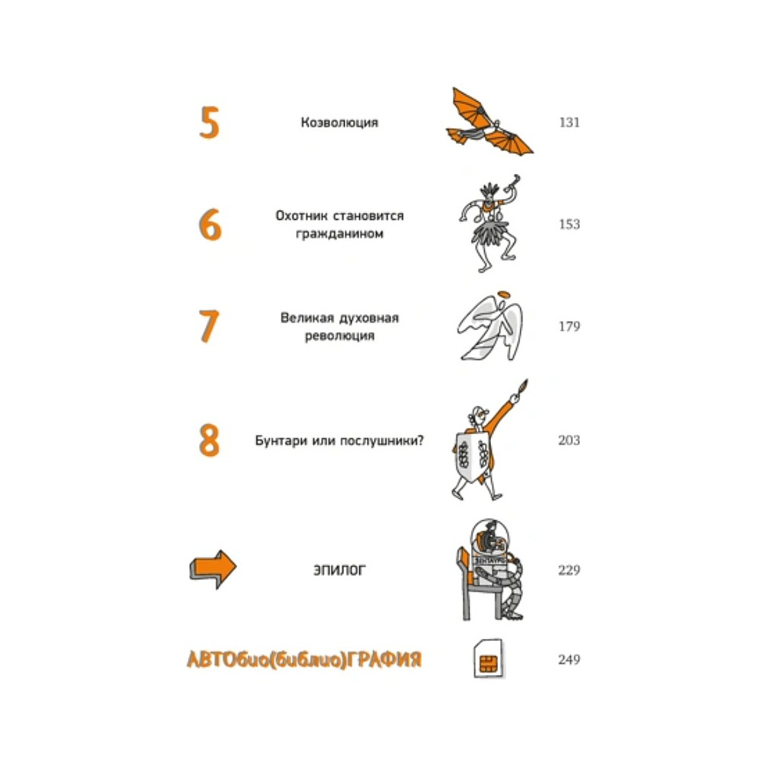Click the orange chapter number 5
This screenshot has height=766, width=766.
(209, 123)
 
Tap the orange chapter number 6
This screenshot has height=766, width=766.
(210, 224)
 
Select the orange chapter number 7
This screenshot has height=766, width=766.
(209, 326)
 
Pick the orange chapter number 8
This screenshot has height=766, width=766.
(209, 440)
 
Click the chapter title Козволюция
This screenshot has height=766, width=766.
(339, 122)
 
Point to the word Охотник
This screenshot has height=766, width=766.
(300, 215)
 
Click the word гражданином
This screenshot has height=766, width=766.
(339, 234)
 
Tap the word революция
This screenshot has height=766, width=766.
(339, 336)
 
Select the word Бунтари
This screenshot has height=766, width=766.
(279, 440)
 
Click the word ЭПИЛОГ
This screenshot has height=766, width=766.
(339, 570)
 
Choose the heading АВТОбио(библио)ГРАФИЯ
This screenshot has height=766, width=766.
(304, 660)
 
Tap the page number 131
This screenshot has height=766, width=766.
(569, 122)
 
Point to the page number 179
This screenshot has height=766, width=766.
(569, 326)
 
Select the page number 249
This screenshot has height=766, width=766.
(569, 660)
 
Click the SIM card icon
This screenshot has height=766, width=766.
(489, 659)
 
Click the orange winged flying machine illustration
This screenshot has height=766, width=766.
(489, 122)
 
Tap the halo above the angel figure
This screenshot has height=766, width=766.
(503, 294)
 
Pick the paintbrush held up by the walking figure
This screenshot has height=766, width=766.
(522, 387)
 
